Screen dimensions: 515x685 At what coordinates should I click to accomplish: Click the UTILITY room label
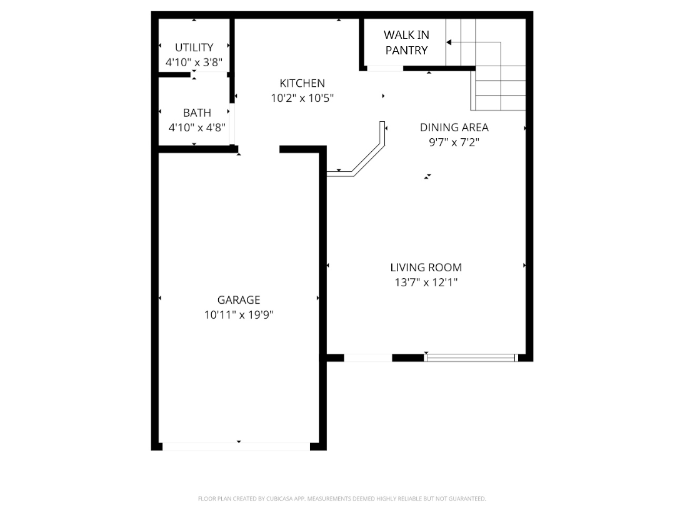194,47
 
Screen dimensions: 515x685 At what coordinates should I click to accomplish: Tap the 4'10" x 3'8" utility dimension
194,62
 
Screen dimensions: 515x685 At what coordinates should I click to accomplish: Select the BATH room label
197,113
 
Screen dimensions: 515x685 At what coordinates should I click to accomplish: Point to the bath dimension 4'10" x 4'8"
197,127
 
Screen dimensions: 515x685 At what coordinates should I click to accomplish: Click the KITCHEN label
302,83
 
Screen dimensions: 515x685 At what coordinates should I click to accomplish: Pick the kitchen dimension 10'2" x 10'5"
302,98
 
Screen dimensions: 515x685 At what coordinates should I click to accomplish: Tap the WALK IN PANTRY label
406,42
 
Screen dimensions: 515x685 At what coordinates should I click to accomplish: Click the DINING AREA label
454,127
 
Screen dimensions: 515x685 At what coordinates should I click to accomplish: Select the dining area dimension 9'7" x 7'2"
454,142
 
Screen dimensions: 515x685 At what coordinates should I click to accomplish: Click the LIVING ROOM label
426,267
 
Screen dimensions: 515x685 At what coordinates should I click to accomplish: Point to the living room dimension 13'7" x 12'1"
426,282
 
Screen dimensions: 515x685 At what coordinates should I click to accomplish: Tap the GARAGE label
238,300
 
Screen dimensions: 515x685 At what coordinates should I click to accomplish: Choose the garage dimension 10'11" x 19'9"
238,315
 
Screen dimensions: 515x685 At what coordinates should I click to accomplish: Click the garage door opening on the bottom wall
236,446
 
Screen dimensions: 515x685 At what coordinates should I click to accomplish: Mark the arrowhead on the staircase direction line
449,42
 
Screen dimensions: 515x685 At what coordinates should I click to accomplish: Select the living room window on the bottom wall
471,358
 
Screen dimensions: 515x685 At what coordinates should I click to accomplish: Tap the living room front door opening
368,358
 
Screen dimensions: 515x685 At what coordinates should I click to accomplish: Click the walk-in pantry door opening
384,68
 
